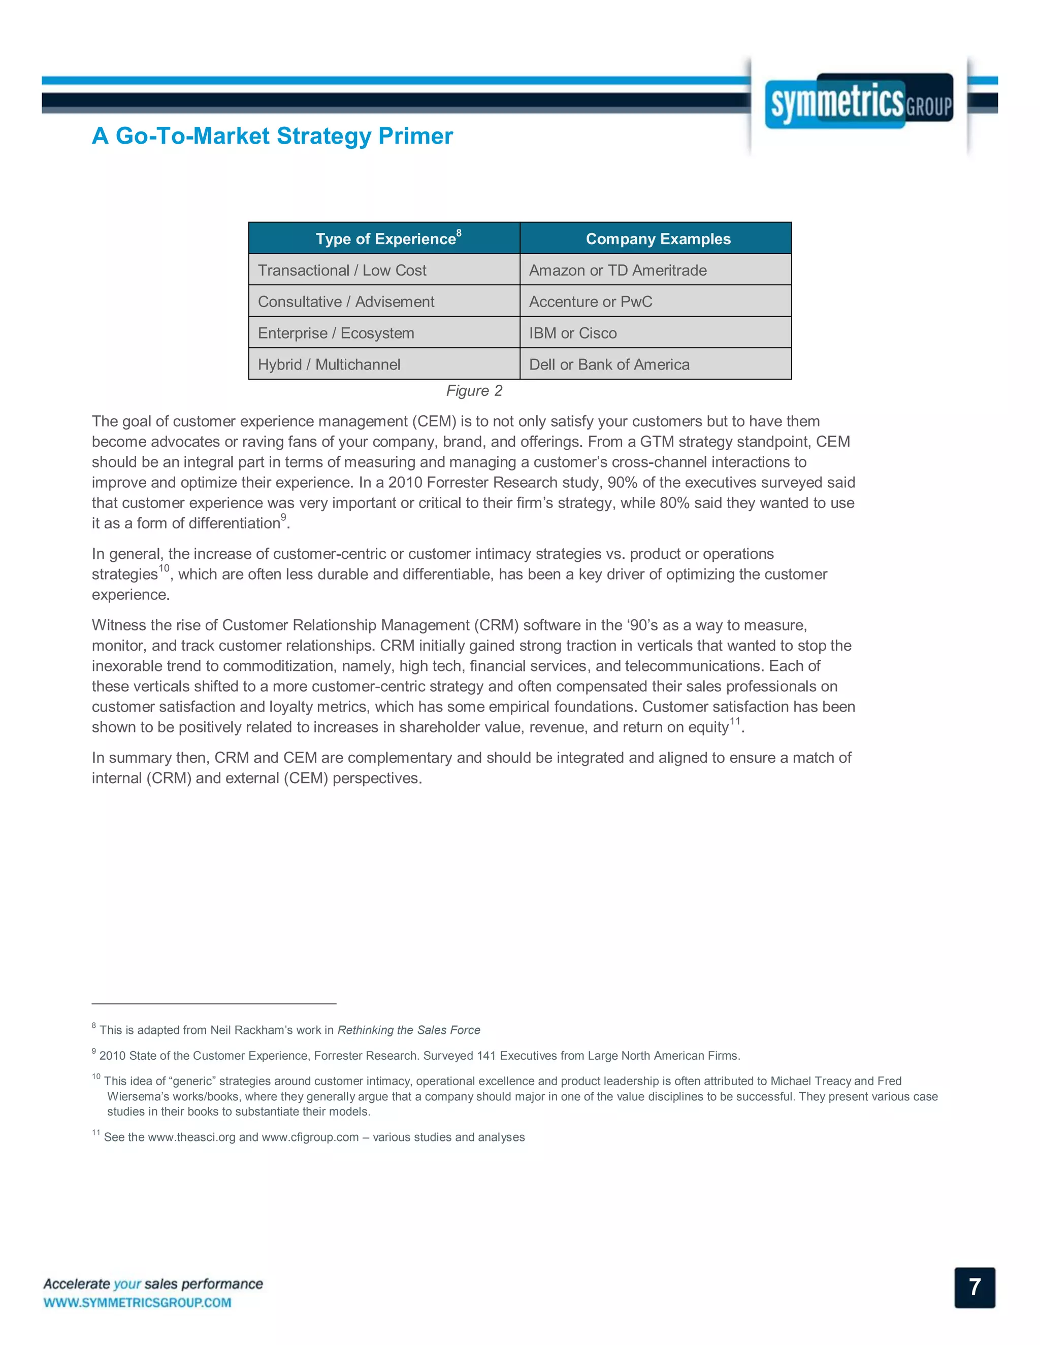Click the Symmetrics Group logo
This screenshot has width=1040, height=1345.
859,102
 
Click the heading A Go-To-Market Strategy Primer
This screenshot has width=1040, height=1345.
272,136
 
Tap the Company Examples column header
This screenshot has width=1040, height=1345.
658,239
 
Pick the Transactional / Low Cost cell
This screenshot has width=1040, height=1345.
342,271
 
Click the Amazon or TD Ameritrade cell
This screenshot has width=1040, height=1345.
617,271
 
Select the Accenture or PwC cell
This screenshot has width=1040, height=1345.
590,302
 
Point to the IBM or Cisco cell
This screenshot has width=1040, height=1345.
572,333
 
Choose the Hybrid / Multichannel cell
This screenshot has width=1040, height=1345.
329,364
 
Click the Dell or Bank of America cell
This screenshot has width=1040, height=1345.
609,364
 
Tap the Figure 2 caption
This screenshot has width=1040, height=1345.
474,391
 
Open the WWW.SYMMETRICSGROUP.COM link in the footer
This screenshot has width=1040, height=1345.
138,1302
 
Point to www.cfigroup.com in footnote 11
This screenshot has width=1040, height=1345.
310,1137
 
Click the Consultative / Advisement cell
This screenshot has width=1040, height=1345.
346,302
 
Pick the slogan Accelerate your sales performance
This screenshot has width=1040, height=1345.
153,1284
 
